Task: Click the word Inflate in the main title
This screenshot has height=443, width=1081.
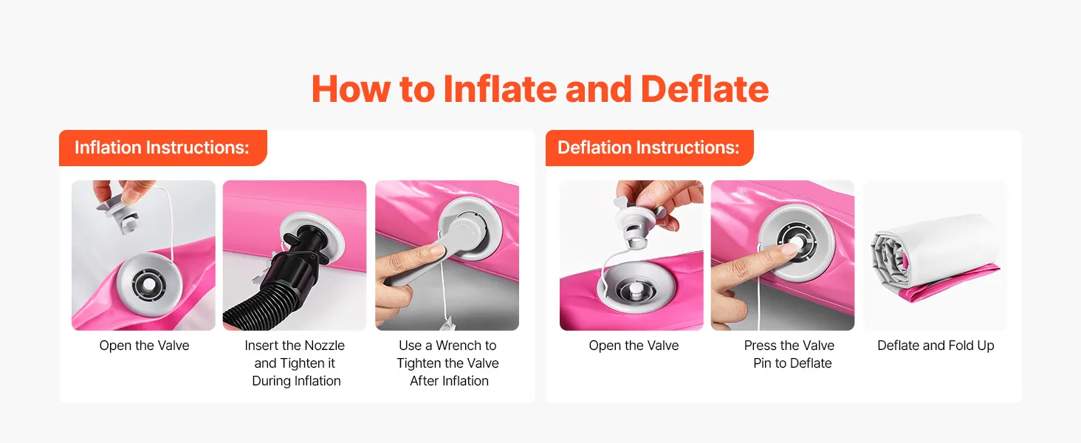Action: point(500,89)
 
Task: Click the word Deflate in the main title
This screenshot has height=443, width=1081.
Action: point(704,89)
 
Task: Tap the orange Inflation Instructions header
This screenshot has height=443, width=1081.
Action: point(162,148)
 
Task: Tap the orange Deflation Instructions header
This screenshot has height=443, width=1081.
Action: point(649,148)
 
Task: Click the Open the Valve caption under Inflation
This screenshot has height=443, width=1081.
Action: point(144,346)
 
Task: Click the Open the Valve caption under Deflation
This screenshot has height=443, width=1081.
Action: point(634,346)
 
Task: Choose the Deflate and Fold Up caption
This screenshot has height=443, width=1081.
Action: point(936,346)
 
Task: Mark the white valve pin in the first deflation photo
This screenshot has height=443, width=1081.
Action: point(634,289)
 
